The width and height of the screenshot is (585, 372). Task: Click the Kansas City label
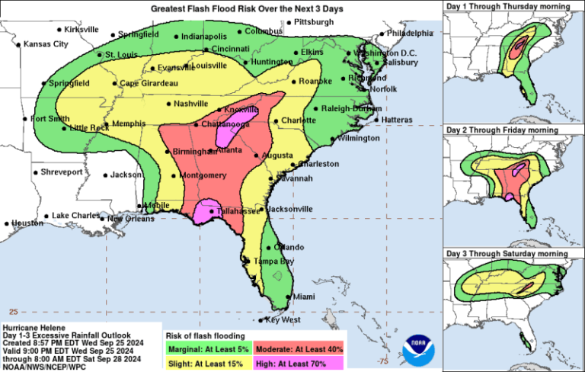[46, 44]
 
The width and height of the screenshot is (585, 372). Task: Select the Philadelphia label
[409, 34]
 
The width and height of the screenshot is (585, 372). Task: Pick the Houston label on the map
[28, 223]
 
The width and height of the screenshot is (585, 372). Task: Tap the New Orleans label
[126, 219]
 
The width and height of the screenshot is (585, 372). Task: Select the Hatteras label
[396, 120]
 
